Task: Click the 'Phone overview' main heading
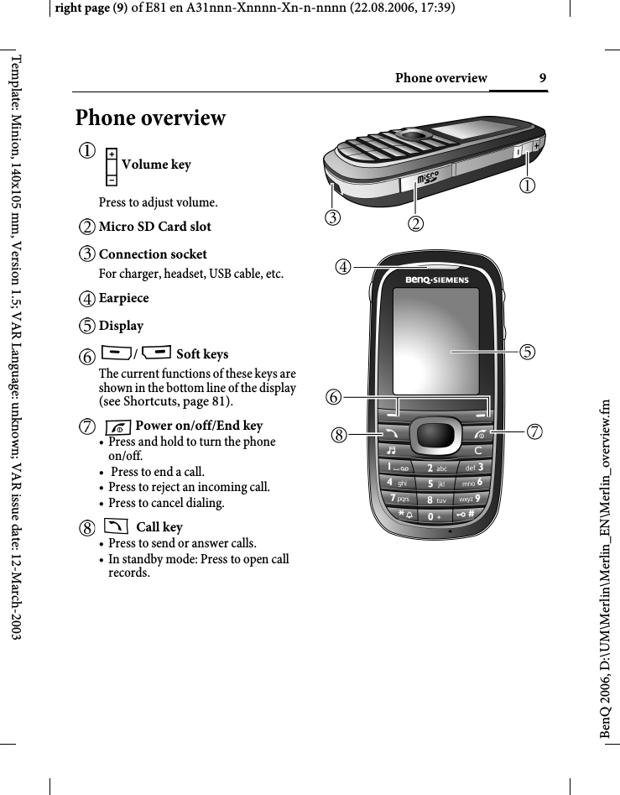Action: click(151, 118)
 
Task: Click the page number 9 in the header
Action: click(543, 78)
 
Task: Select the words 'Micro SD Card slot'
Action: click(155, 227)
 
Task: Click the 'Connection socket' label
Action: click(153, 254)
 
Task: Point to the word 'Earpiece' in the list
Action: click(123, 298)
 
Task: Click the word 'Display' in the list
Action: click(121, 326)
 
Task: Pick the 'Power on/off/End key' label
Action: click(199, 426)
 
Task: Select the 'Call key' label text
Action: click(159, 527)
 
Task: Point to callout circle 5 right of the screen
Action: click(528, 352)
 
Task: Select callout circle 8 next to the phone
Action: click(339, 435)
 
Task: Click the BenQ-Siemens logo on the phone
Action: click(437, 280)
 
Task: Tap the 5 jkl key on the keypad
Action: click(436, 484)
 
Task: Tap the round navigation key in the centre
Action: click(436, 434)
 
